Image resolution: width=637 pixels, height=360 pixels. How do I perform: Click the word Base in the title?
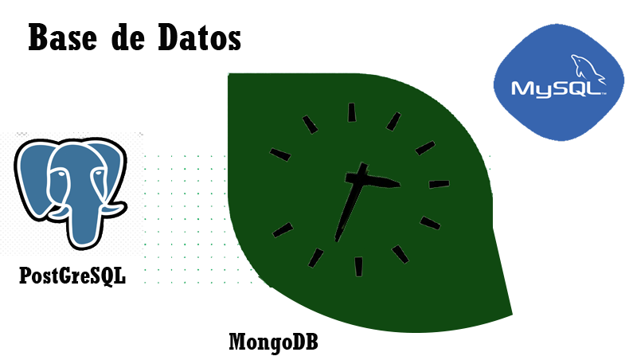point(63,37)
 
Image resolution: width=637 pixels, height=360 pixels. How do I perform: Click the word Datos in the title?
point(200,37)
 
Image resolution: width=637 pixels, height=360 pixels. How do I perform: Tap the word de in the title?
point(127,37)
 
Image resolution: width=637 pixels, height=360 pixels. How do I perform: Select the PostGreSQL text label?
point(72,276)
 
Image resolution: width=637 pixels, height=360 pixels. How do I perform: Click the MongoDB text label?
point(273,342)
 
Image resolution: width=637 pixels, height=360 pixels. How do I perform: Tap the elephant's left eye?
point(61,174)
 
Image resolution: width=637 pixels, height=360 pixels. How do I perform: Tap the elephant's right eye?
point(98,174)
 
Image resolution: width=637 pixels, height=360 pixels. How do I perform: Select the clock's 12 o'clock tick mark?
point(352,112)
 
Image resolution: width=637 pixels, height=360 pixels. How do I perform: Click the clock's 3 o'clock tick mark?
point(440,184)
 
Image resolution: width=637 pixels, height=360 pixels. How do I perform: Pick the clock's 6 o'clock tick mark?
point(358,267)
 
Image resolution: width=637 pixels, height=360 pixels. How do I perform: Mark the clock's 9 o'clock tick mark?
point(280,155)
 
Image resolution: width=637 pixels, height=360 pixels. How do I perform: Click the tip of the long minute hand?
point(336,241)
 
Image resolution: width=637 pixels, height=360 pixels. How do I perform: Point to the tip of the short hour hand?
point(400,185)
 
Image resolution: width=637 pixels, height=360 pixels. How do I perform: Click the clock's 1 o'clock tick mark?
point(393,122)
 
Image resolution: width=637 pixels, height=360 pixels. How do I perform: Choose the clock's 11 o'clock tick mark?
point(310,124)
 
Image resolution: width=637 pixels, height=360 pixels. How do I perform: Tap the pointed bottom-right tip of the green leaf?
point(512,313)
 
